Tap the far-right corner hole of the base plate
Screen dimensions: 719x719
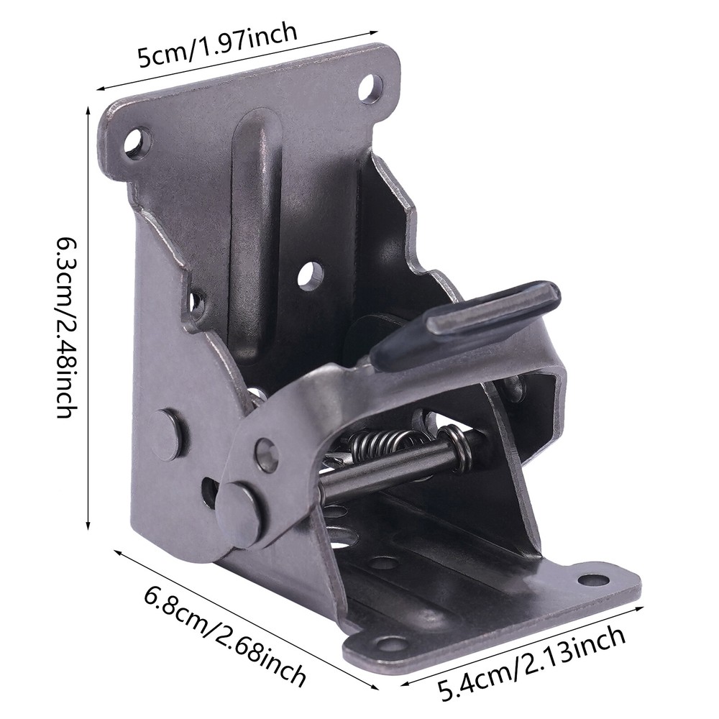click(594, 580)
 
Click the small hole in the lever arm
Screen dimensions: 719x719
click(267, 454)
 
